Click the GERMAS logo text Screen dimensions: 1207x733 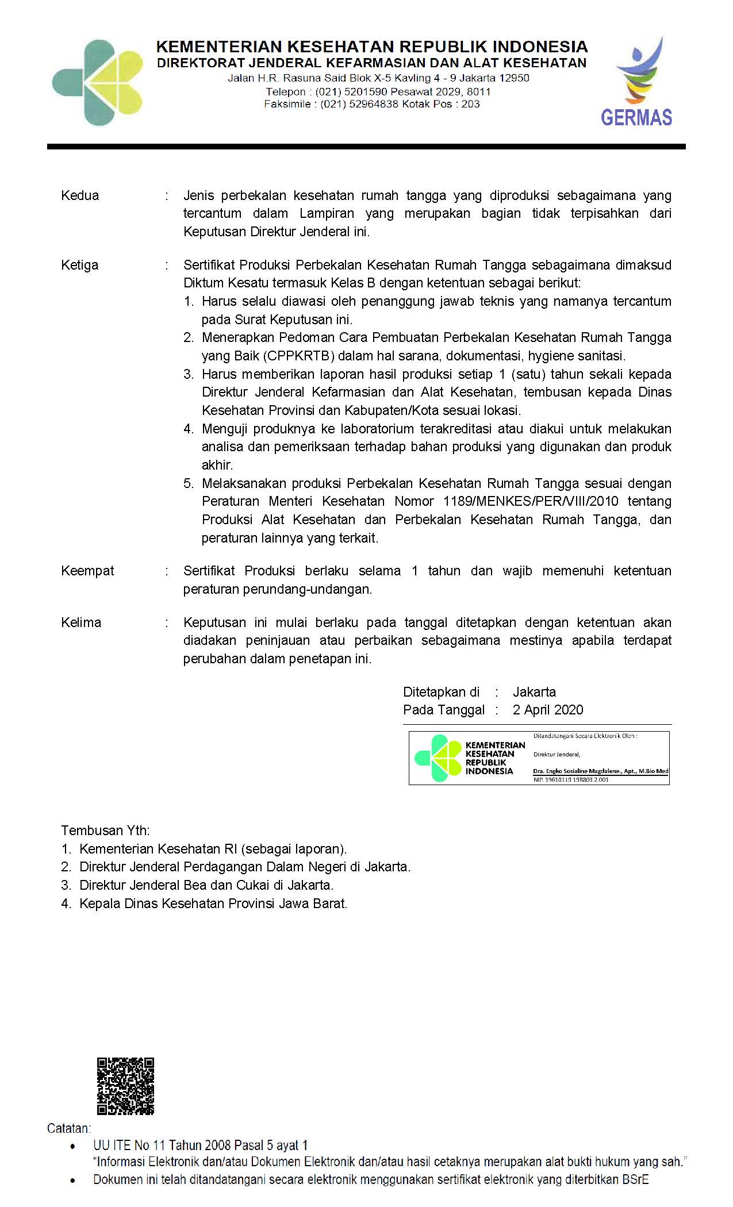(x=636, y=118)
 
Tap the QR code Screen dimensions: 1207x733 (x=125, y=1086)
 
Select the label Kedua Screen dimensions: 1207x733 (x=80, y=195)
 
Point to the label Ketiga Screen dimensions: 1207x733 (x=80, y=265)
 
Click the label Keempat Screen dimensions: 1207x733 (x=87, y=571)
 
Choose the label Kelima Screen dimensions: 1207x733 (x=81, y=622)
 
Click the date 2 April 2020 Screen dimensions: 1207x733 (x=548, y=710)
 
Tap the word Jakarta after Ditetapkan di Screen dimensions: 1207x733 (x=534, y=692)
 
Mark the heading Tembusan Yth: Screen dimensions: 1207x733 (x=105, y=831)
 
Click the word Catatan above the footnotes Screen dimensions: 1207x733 (x=69, y=1128)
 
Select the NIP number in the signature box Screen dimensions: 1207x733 (x=571, y=779)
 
